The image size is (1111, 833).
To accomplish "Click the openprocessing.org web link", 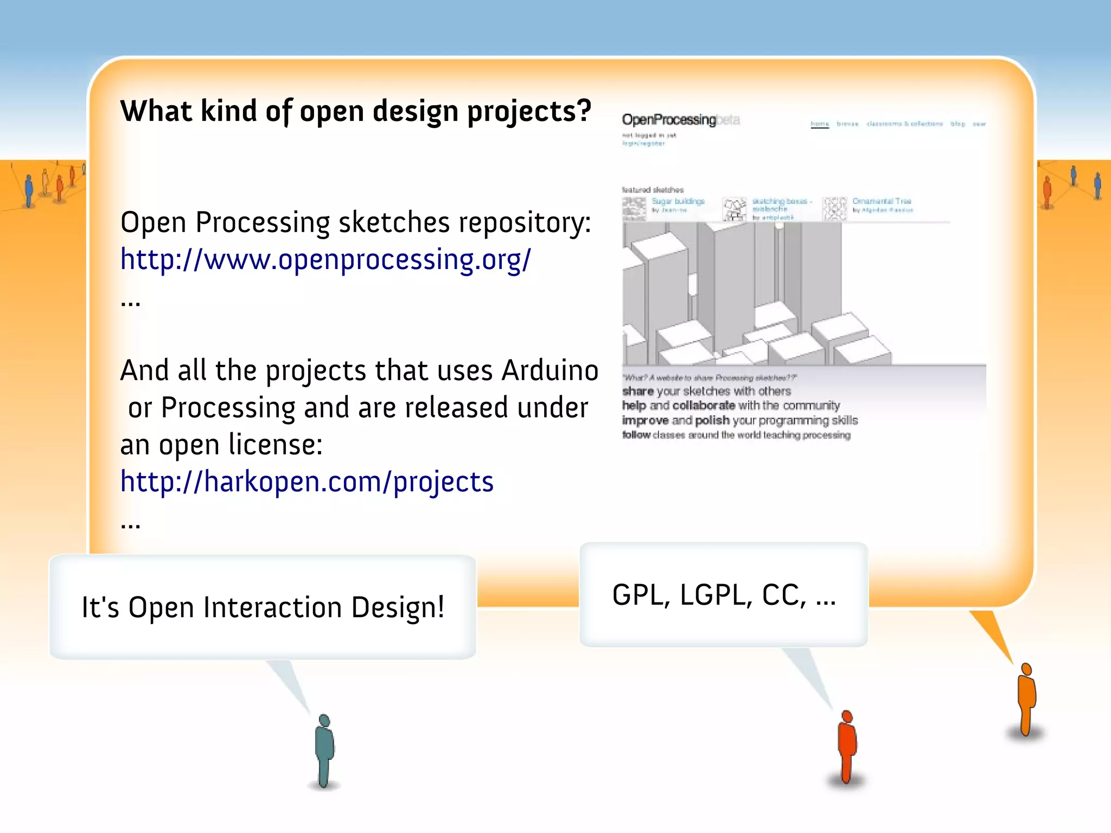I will coord(325,260).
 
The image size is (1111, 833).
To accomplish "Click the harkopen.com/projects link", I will coord(307,482).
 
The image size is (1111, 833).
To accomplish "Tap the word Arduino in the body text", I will coord(550,371).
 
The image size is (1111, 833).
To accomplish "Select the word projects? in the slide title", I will coord(529,112).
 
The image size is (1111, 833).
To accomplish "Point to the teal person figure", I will coord(324,751).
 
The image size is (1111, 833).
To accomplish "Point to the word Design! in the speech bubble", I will coord(398,607).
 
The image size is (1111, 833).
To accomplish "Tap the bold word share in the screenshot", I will coord(638,392).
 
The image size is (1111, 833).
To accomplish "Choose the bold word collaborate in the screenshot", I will coord(704,406).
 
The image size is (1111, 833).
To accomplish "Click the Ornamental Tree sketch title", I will coord(882,201).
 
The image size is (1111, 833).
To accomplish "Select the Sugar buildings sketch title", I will coord(678,201).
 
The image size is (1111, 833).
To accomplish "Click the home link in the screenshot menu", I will coord(820,124).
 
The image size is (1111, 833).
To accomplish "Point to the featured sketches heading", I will coord(653,190).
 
